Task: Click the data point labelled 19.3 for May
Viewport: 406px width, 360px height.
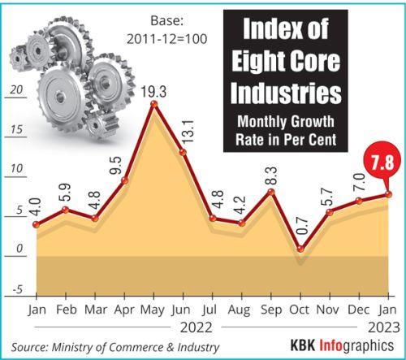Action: [x=153, y=104]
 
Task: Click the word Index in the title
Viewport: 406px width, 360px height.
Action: [x=261, y=32]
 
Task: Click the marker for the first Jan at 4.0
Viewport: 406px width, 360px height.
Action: [x=36, y=224]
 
